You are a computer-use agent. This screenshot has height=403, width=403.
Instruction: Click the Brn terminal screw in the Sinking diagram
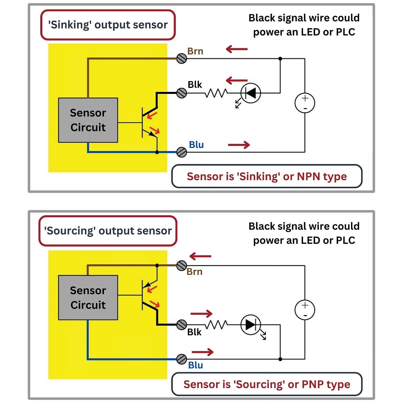(182, 58)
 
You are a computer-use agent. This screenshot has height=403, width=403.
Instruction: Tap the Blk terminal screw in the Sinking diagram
(182, 93)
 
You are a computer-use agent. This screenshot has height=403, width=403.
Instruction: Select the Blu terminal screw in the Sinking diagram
(182, 152)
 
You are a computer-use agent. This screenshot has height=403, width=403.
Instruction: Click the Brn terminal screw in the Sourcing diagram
(182, 266)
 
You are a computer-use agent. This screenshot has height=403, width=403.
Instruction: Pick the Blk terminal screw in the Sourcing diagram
(182, 324)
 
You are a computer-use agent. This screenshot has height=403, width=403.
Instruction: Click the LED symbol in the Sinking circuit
(251, 93)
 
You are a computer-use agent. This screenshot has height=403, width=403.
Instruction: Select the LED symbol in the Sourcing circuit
(251, 324)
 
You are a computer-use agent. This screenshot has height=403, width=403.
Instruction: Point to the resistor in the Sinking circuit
(216, 93)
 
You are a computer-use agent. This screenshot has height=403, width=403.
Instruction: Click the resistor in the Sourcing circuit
(216, 324)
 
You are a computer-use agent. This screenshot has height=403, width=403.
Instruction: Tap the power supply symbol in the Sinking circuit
(305, 103)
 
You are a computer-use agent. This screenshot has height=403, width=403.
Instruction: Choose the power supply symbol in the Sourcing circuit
(305, 310)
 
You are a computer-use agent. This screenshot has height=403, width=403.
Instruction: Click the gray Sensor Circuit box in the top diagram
(88, 120)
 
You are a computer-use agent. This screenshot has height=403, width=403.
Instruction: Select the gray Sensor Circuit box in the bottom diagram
(88, 298)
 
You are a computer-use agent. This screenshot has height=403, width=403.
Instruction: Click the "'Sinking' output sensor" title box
(108, 25)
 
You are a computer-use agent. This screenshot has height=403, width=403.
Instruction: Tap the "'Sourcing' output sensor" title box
(108, 231)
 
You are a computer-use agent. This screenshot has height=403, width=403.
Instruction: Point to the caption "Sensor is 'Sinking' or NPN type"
(267, 177)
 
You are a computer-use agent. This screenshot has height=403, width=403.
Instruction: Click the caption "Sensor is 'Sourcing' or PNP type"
(267, 384)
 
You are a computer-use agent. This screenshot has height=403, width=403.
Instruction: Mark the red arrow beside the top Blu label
(239, 145)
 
